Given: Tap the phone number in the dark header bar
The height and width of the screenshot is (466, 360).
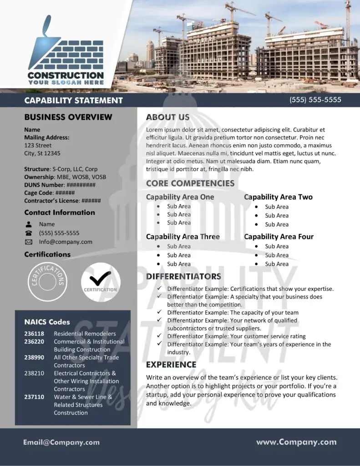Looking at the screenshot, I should (x=315, y=100).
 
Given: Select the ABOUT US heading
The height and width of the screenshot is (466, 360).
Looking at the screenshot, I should (x=167, y=117).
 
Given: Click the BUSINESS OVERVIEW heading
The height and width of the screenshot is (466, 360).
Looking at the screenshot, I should (x=68, y=117).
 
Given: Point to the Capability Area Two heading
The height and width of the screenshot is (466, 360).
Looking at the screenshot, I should (x=278, y=197).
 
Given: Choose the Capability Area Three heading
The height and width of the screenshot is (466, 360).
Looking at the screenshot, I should (x=183, y=237).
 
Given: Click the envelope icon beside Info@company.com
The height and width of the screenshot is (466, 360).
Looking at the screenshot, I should (x=29, y=242).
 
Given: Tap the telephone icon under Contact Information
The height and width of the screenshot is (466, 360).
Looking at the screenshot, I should (x=29, y=233).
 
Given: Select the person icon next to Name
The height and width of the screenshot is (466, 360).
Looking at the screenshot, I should (x=29, y=224).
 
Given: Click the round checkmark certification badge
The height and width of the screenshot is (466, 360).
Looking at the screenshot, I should (x=101, y=282).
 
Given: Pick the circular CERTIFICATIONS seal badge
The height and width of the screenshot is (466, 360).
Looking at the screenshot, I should (x=48, y=282).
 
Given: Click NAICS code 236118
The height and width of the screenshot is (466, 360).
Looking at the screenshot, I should (x=34, y=334).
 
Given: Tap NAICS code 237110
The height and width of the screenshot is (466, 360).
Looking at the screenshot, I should (x=34, y=397).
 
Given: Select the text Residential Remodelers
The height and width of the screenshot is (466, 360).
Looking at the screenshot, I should (x=85, y=334).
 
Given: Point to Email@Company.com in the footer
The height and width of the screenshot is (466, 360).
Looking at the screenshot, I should (x=61, y=442).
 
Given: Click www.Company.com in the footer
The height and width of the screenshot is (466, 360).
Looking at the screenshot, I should (x=296, y=442).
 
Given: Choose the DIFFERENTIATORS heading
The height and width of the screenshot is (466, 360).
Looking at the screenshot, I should (x=183, y=277).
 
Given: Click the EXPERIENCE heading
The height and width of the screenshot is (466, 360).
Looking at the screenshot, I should (x=171, y=365).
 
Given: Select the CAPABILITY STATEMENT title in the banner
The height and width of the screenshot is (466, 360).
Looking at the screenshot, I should (x=73, y=101).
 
